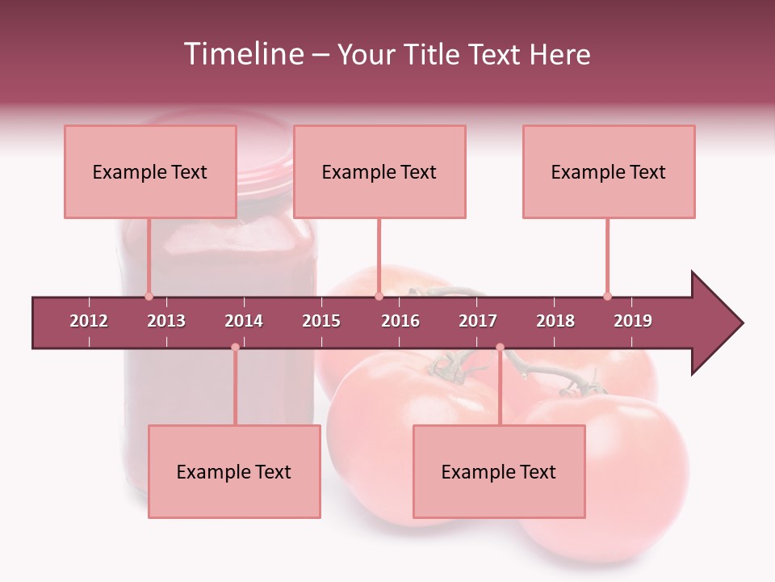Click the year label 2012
89,321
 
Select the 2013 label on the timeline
166,321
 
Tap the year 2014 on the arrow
244,321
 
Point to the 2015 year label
321,321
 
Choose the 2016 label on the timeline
400,321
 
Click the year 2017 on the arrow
478,321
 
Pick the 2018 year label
555,321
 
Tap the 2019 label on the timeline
633,321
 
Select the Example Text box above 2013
150,171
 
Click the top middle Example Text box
379,171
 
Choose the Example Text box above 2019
609,171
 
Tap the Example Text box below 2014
234,471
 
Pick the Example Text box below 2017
499,471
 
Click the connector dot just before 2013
149,297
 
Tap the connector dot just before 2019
607,297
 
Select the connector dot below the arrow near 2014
235,347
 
